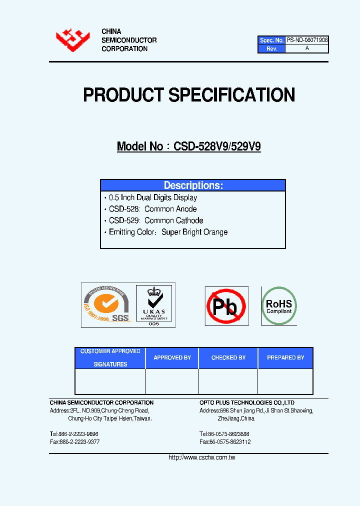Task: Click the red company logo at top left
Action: coord(72,40)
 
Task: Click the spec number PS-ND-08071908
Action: coord(307,40)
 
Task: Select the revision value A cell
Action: coord(307,48)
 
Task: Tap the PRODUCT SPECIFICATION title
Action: coord(188,95)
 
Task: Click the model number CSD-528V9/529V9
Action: coord(216,146)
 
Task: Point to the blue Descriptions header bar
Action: coord(193,185)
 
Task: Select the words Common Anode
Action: coord(170,209)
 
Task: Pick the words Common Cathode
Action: coord(173,220)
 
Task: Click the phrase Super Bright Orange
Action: coord(194,232)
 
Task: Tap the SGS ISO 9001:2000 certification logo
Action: coord(106,305)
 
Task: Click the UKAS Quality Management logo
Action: coord(153,305)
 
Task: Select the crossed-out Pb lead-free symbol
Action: coord(226,306)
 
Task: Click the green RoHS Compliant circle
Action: coord(279,305)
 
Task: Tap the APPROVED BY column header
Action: coord(172,358)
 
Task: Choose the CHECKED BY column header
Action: coord(228,358)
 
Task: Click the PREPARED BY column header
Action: coord(285,358)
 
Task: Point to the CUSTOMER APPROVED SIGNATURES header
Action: coord(110,358)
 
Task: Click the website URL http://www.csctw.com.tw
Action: coord(202,457)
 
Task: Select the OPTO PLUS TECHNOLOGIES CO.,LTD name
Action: coord(247,402)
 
